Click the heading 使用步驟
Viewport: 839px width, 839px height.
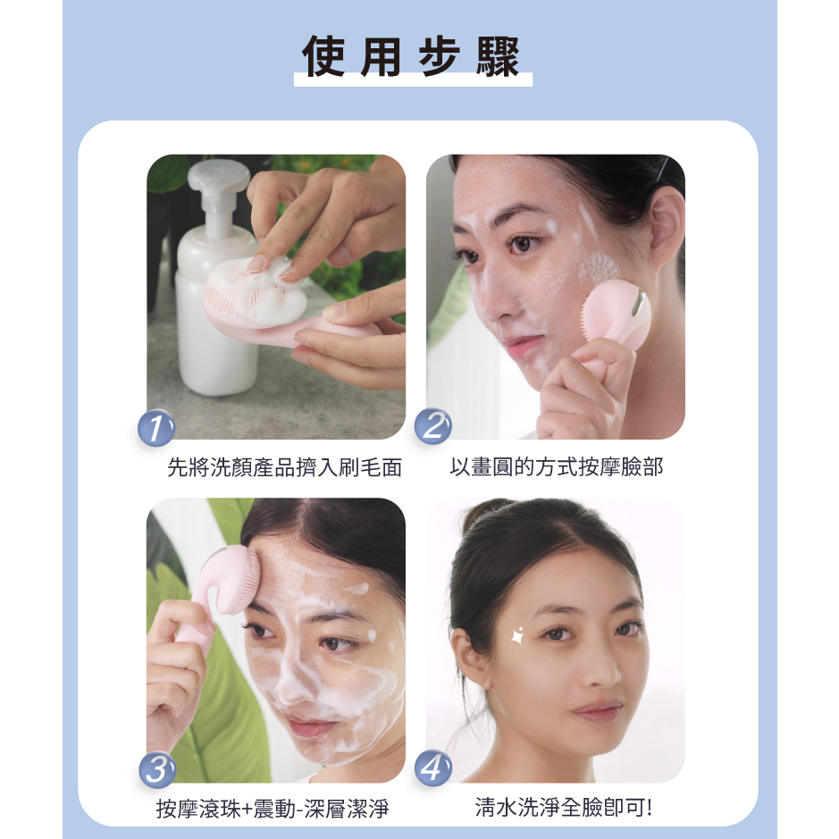tap(411, 56)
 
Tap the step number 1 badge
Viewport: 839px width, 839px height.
tap(156, 427)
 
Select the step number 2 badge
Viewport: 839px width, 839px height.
tap(432, 426)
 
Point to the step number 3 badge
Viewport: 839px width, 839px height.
tap(157, 770)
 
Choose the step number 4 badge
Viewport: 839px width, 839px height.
tap(432, 768)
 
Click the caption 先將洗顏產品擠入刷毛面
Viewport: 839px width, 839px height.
tap(285, 467)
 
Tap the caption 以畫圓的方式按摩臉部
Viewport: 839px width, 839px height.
tap(557, 466)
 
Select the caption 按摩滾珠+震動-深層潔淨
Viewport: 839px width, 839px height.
tap(273, 809)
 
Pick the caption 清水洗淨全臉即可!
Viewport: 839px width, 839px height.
tap(564, 807)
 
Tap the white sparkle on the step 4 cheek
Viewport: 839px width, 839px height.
tap(517, 635)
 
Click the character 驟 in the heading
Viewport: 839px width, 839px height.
tap(498, 56)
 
